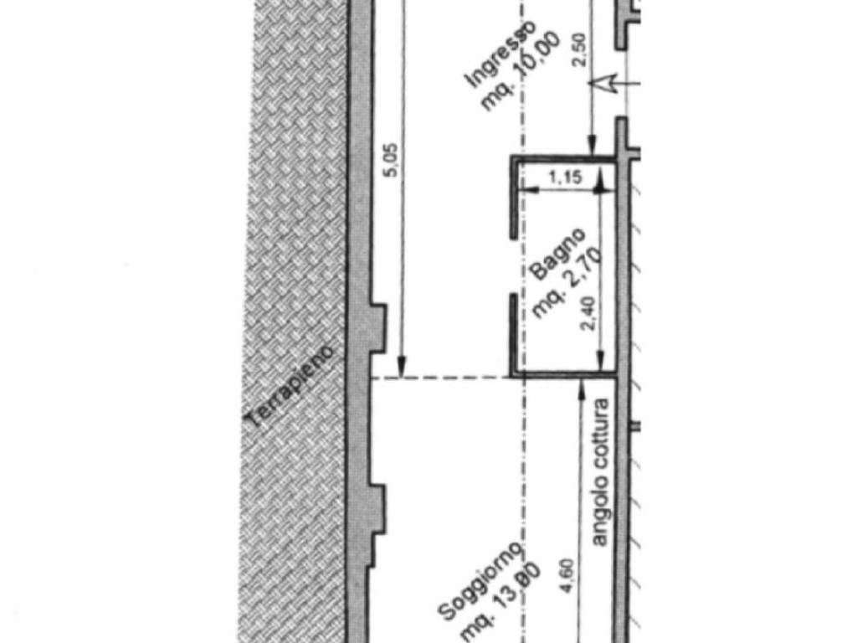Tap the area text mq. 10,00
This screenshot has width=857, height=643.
pos(521,71)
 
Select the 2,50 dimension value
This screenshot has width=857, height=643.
pos(580,49)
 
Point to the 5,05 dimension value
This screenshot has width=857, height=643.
pos(392,160)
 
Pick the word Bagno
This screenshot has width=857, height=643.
pos(558,254)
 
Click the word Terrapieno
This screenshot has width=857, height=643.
pos(289,387)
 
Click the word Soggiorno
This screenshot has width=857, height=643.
pos(481,583)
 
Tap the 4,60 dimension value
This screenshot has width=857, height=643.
pos(568,575)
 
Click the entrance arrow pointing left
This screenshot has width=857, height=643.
pos(613,84)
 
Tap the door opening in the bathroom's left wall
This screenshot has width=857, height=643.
pos(514,266)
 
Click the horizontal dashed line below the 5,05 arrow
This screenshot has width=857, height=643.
pos(440,378)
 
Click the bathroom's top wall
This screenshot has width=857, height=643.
pos(565,159)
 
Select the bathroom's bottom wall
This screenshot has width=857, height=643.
pos(565,374)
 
